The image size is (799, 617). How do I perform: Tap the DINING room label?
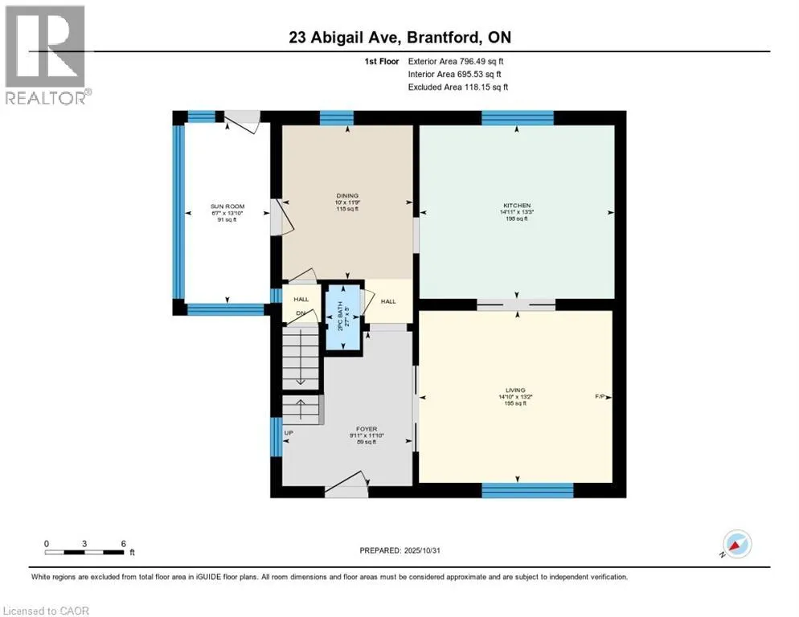[347, 195]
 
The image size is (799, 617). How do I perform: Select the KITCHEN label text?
[517, 206]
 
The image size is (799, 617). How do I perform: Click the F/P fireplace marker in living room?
[600, 397]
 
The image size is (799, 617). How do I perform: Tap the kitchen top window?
[517, 117]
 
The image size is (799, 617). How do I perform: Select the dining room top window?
[337, 117]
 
